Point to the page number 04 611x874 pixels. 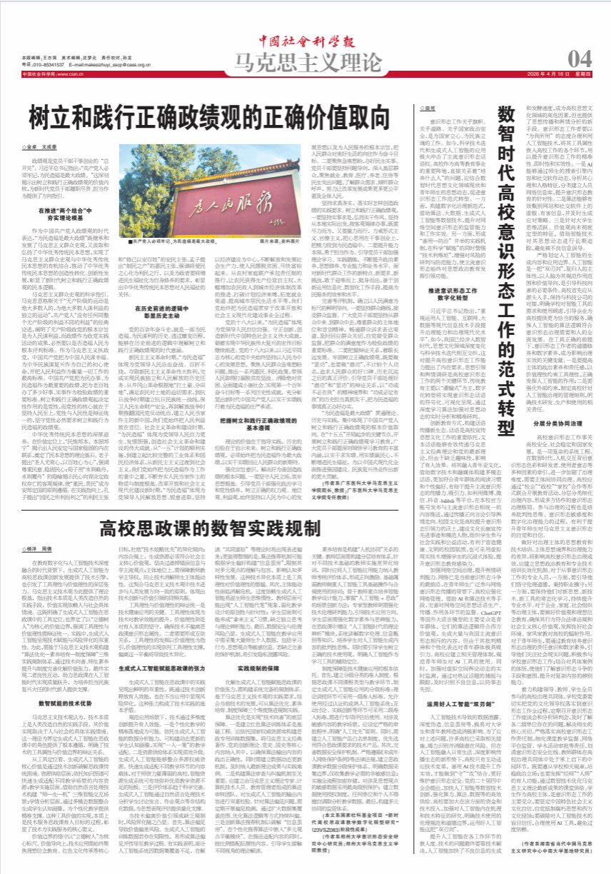click(x=577, y=57)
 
